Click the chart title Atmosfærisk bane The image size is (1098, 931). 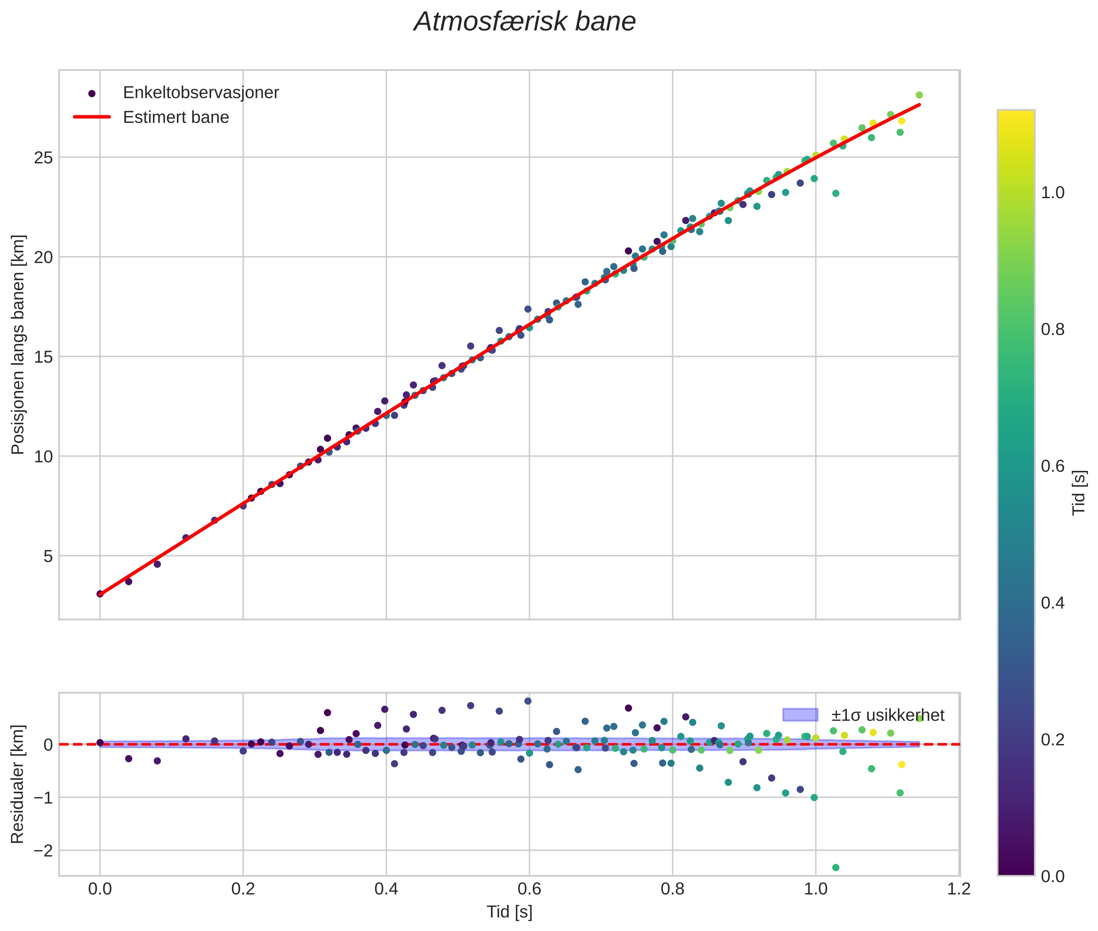tap(525, 22)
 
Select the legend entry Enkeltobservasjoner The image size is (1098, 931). tap(201, 93)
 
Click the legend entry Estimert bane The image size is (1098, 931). tap(176, 117)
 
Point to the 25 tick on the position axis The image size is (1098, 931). tap(44, 157)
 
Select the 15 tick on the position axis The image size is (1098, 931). tap(44, 357)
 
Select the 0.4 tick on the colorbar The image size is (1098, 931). tap(1052, 603)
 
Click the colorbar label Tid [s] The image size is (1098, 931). tap(1079, 492)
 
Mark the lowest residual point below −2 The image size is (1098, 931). tap(836, 867)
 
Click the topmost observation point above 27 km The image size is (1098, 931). tap(919, 95)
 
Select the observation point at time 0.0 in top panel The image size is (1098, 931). tap(100, 594)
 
